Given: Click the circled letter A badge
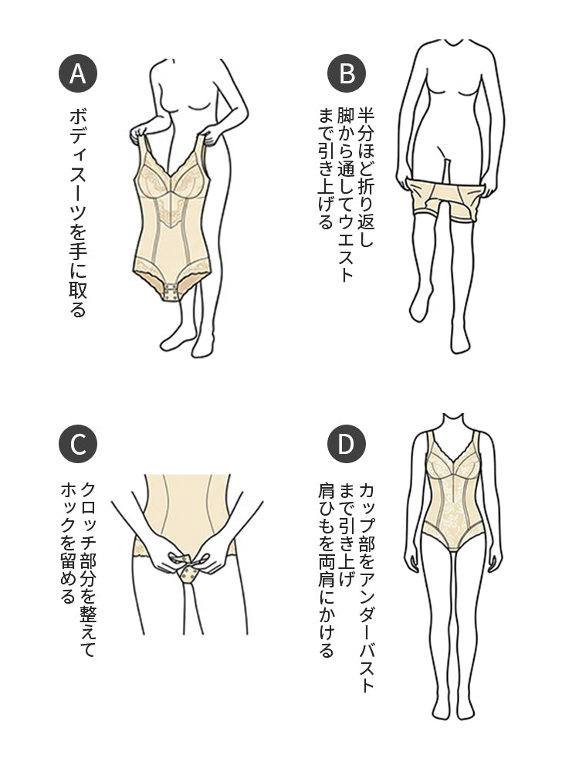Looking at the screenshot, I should (x=78, y=73).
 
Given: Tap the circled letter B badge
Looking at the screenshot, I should (x=347, y=73).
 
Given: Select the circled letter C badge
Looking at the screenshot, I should (x=78, y=445).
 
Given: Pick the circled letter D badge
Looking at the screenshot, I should (x=347, y=445).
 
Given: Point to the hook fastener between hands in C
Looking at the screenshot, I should (x=187, y=572).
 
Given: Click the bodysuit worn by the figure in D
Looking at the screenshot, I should (x=455, y=494).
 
